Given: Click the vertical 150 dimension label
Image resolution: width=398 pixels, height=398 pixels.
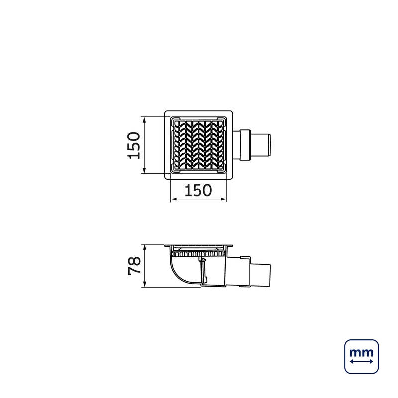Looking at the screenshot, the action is pyautogui.click(x=134, y=145).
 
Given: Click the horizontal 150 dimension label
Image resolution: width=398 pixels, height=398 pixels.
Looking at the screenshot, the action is pyautogui.click(x=198, y=190).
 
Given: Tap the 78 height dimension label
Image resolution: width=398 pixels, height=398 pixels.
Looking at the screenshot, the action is pyautogui.click(x=134, y=266).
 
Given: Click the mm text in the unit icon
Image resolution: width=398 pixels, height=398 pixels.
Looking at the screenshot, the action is pyautogui.click(x=362, y=353).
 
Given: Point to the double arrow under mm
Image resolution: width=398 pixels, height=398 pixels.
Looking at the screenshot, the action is pyautogui.click(x=362, y=361).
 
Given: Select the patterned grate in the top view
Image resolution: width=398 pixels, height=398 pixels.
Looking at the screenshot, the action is pyautogui.click(x=199, y=145).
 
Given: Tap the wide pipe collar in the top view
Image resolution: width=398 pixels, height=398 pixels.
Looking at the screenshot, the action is pyautogui.click(x=245, y=145).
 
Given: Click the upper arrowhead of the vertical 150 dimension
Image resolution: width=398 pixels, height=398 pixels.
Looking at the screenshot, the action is pyautogui.click(x=144, y=119).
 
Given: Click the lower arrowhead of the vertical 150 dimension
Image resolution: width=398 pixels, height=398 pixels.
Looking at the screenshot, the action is pyautogui.click(x=144, y=171).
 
